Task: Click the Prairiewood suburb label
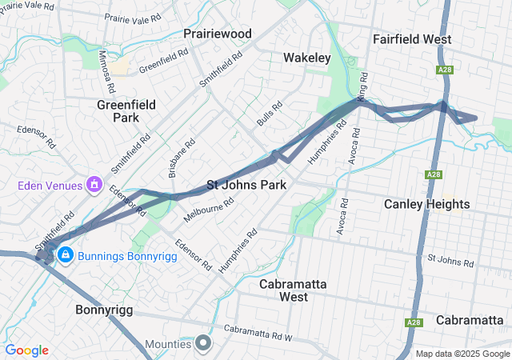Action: coord(217,34)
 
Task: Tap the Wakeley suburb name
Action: coord(306,58)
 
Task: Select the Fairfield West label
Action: coord(412,39)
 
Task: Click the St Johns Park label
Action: coord(246,185)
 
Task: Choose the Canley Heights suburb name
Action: coord(426,204)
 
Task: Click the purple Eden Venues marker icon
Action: coord(94,186)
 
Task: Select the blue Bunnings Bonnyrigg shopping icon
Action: coord(65,255)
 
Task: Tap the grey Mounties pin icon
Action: coord(203,344)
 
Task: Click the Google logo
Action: coord(26,350)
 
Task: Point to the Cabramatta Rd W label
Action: coord(259,328)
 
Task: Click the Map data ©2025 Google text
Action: coord(461,354)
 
